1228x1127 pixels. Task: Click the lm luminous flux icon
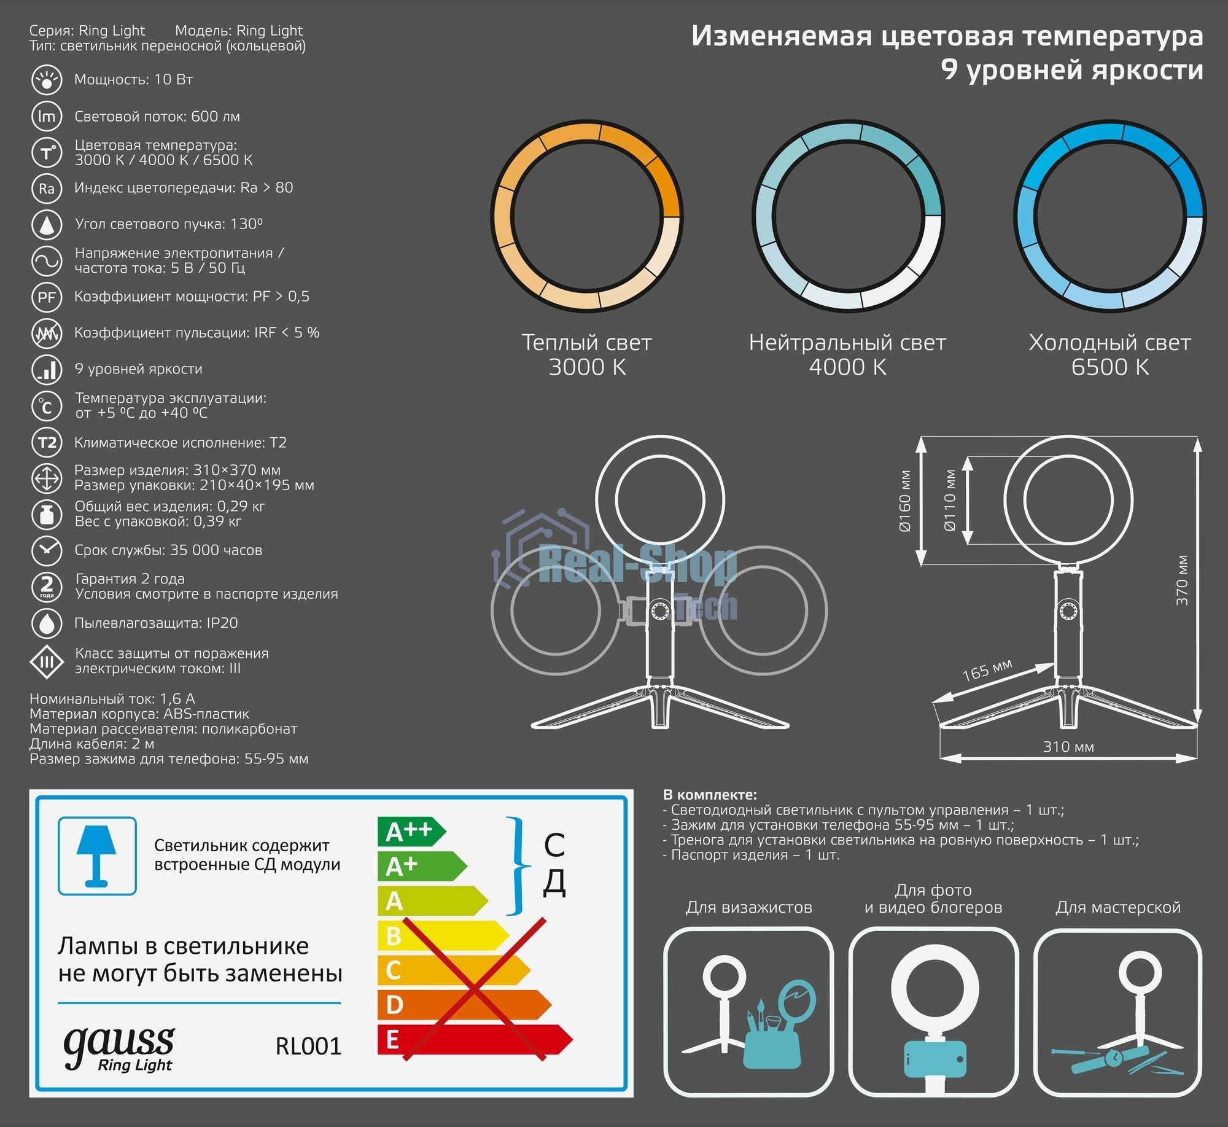[x=47, y=117]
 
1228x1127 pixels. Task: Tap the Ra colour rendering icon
[x=47, y=189]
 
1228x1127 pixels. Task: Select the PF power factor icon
[x=47, y=297]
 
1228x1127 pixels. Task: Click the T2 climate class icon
[x=47, y=443]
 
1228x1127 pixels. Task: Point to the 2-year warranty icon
[x=47, y=587]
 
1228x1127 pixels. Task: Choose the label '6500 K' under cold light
[x=1110, y=367]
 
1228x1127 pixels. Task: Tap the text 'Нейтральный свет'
[x=847, y=343]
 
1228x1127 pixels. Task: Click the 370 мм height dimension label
[x=1182, y=580]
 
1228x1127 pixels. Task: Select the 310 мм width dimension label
[x=1068, y=747]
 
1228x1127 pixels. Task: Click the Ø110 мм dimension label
[x=950, y=501]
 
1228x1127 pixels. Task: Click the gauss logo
[x=119, y=1048]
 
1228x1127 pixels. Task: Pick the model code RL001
[x=308, y=1046]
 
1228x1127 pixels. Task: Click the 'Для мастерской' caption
[x=1118, y=907]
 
